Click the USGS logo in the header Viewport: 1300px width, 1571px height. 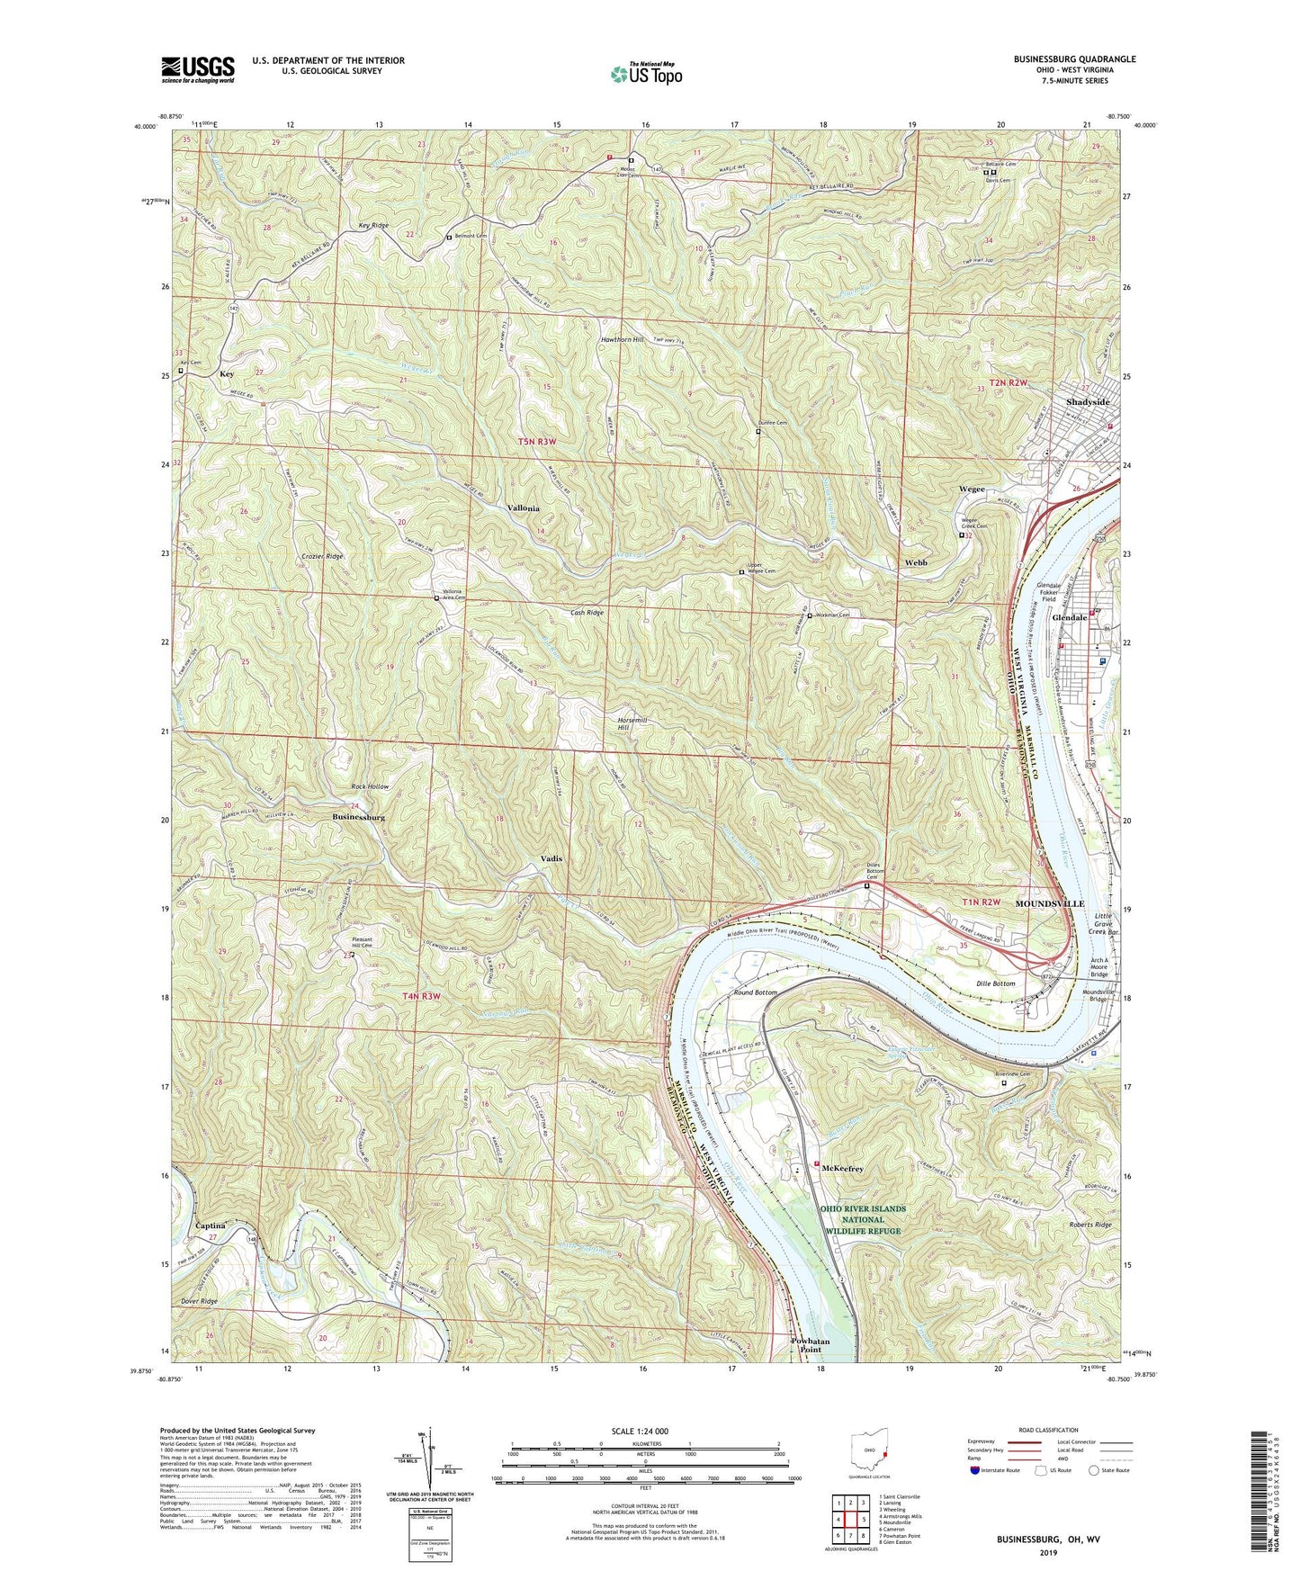click(x=198, y=69)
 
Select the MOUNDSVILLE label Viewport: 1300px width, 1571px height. click(x=1050, y=902)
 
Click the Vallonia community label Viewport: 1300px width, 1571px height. click(x=523, y=508)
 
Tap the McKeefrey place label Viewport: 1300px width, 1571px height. click(x=842, y=1169)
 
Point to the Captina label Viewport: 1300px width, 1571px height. click(x=210, y=1226)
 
